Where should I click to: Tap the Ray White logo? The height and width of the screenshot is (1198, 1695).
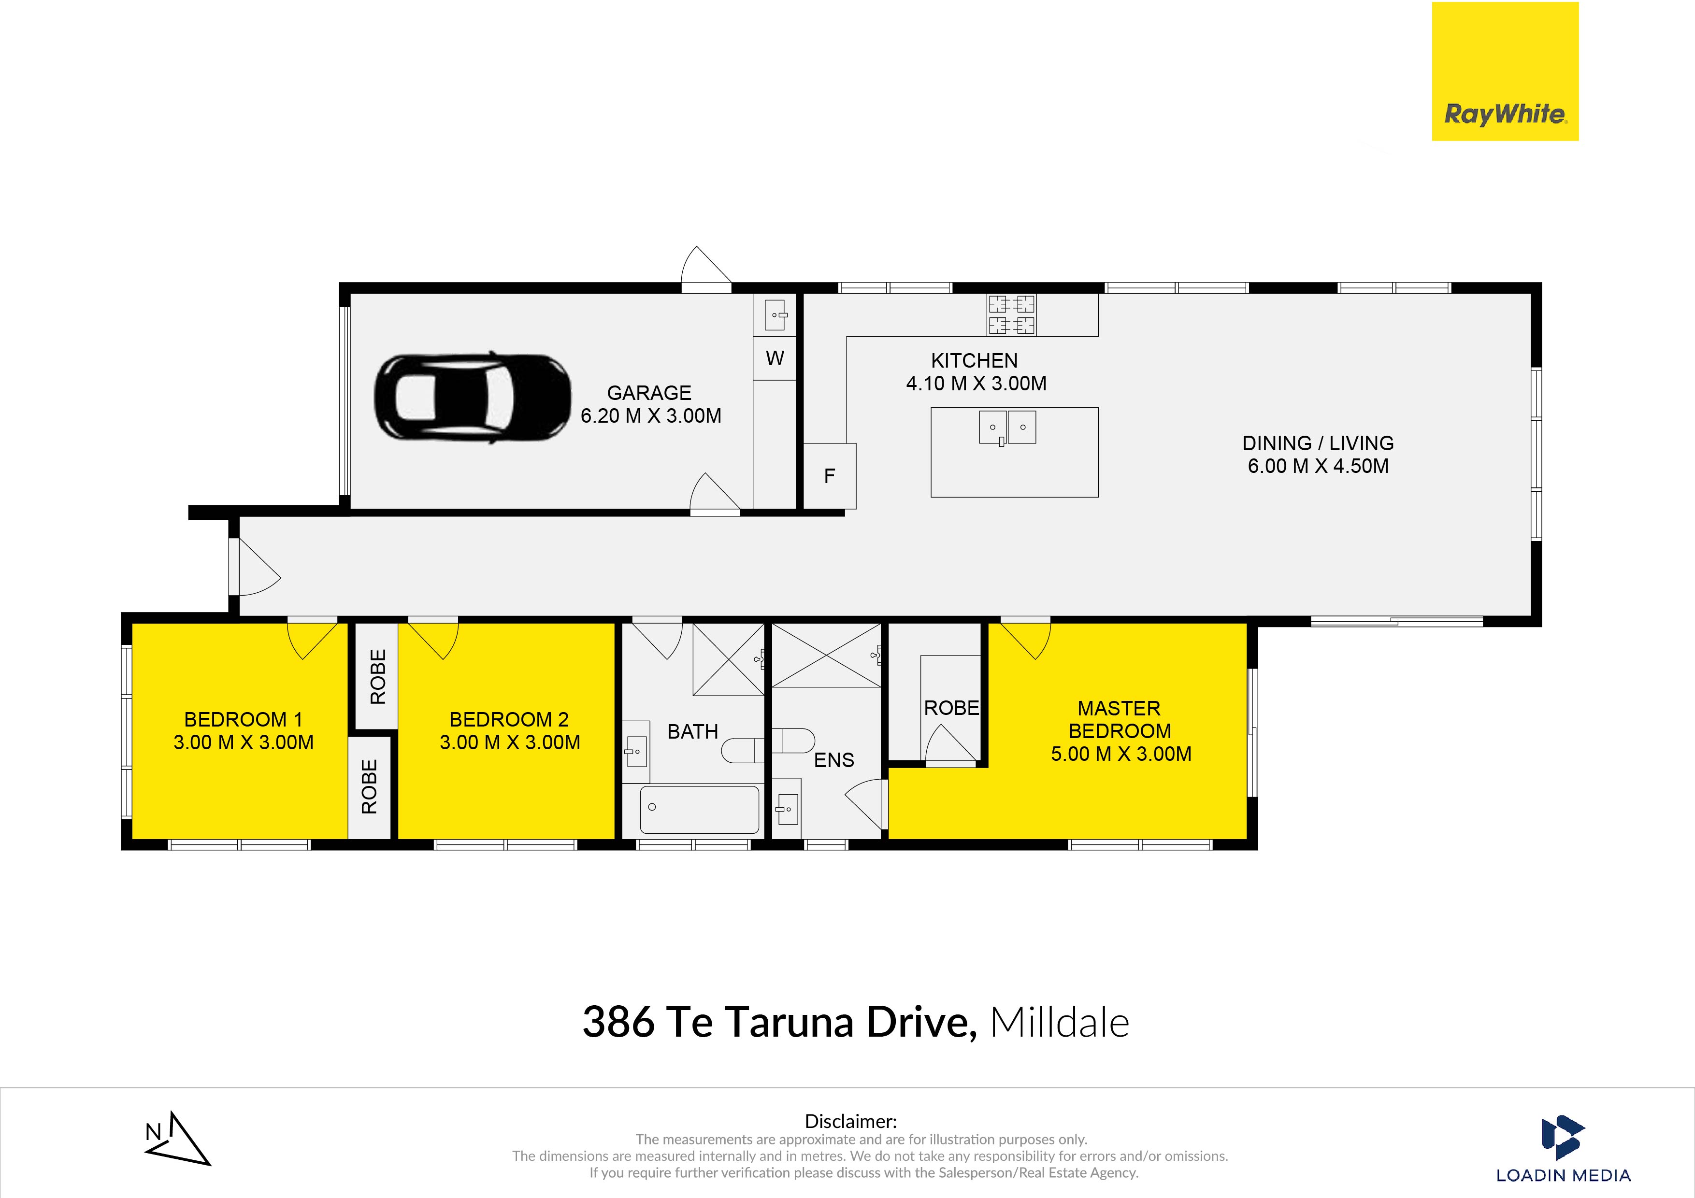coord(1505,71)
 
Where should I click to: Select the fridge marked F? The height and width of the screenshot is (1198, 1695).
coord(829,476)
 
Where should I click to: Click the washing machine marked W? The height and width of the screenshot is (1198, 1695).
coord(775,359)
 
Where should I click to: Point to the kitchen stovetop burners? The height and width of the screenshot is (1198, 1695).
coord(1011,314)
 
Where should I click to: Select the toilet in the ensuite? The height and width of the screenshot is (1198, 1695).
coord(793,741)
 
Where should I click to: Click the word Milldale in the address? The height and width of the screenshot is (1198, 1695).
coord(1059,1022)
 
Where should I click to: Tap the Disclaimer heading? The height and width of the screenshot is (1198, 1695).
coord(850,1121)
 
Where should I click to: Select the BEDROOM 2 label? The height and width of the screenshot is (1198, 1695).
coord(509,720)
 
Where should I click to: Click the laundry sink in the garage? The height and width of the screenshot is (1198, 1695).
coord(775,315)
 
